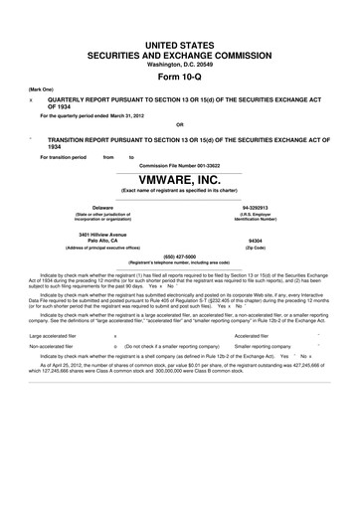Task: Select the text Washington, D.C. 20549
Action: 179,41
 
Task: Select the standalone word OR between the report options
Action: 179,124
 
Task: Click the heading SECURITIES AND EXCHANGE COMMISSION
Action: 179,30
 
